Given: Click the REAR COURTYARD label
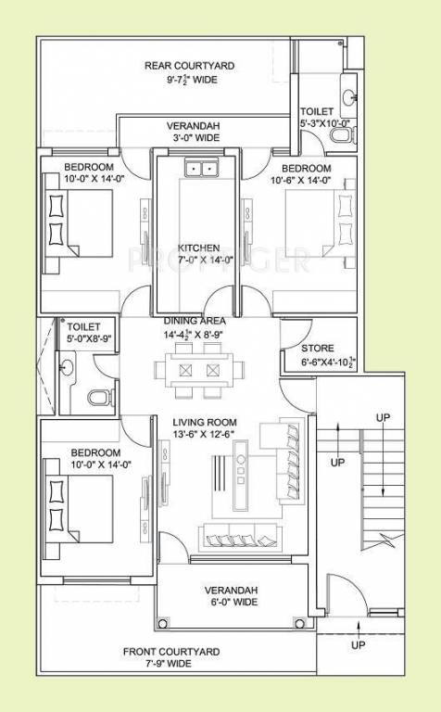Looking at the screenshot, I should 189,66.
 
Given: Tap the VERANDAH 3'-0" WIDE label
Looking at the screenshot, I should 193,125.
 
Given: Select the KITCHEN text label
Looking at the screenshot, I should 199,248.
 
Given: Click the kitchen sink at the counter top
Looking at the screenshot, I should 199,168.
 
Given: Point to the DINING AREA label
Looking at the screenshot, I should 201,321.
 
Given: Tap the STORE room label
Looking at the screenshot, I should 317,349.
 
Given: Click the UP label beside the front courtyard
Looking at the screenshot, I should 356,644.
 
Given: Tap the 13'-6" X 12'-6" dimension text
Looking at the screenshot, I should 203,434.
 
